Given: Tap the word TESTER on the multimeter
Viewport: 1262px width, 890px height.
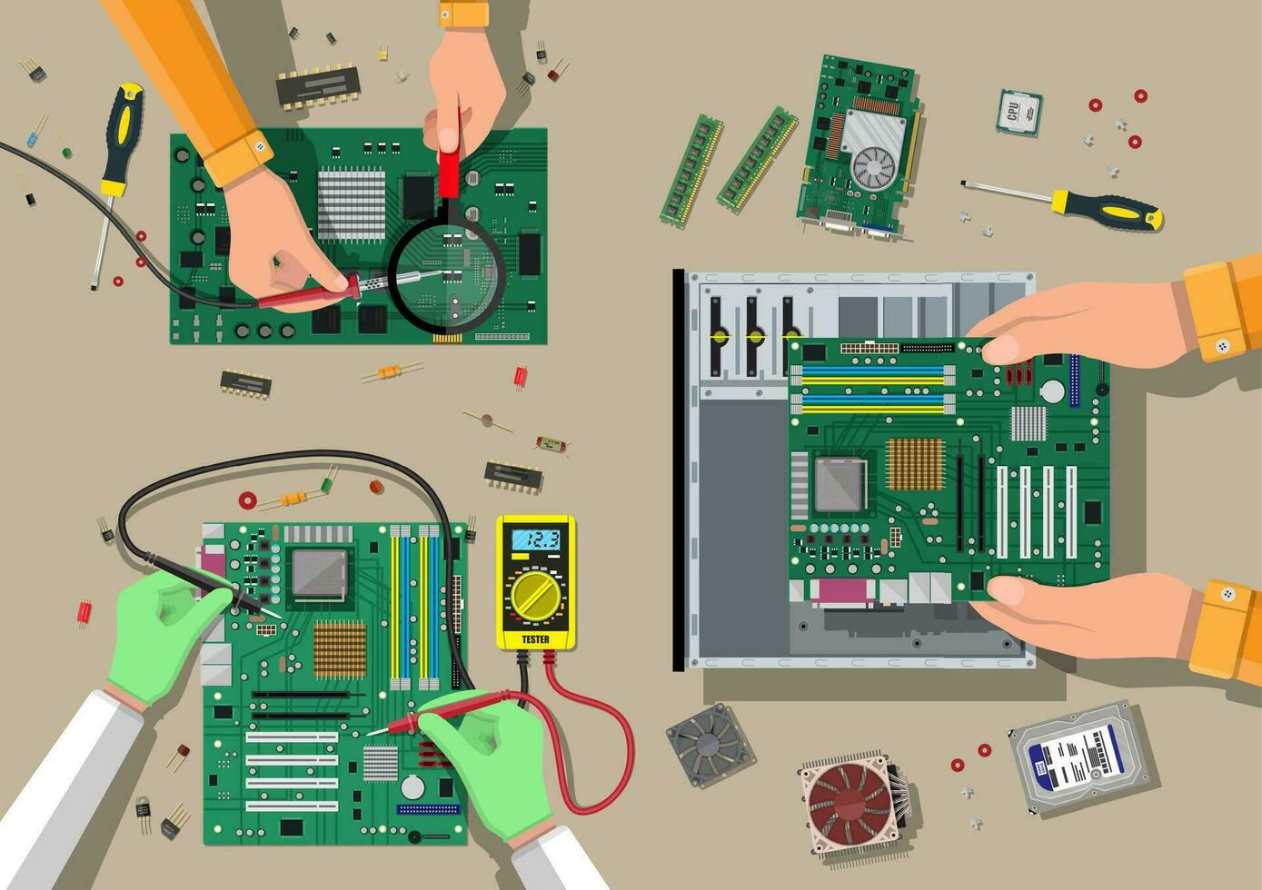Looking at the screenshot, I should (535, 639).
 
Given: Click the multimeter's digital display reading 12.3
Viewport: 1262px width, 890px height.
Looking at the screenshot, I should (535, 539).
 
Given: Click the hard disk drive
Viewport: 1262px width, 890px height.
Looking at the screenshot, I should (1082, 756).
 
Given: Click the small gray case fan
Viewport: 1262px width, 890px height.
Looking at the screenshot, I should (709, 745).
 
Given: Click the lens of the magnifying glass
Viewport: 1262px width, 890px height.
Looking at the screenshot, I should (446, 272).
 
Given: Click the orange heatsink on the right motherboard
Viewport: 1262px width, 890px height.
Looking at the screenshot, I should (915, 463).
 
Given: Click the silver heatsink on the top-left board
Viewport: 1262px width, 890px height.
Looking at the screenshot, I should (351, 204).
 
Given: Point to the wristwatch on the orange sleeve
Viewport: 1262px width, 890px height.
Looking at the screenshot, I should (464, 14).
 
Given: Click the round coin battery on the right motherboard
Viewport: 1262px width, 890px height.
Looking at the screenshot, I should (1052, 391).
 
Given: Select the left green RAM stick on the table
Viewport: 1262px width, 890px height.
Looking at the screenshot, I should (691, 171).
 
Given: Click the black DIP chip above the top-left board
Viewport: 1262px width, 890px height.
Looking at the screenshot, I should (319, 85).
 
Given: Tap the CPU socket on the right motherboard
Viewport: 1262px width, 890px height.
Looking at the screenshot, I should (840, 484).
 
